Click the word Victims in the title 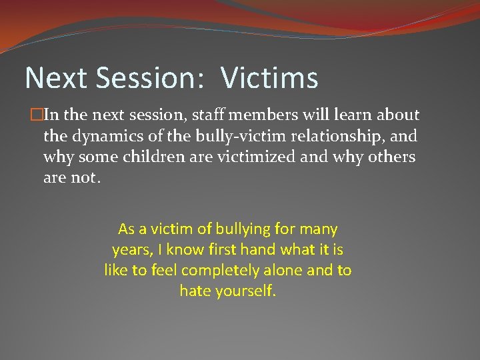(269, 78)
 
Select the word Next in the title (57, 78)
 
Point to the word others (393, 158)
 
